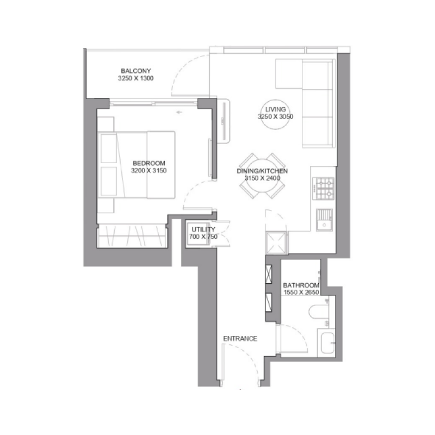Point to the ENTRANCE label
[x=240, y=338]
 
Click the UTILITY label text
[x=199, y=230]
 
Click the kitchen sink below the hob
[x=325, y=219]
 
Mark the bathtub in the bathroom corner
[x=328, y=344]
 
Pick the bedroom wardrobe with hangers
[x=132, y=235]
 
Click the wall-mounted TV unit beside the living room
[x=223, y=120]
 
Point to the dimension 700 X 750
[x=199, y=238]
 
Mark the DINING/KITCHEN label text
[x=262, y=171]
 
